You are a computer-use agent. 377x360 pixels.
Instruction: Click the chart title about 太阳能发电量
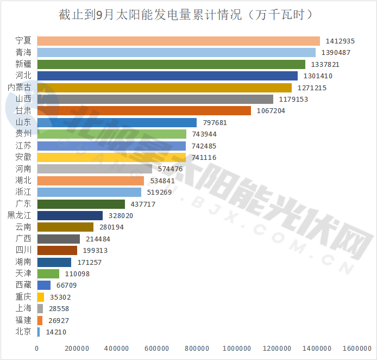tap(186, 14)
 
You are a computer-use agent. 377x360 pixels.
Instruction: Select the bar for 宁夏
tap(178, 41)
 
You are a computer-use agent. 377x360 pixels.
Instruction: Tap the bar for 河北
tap(167, 76)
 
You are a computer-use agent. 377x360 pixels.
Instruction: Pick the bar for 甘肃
tap(144, 111)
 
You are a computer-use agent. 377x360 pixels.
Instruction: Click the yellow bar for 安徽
tap(111, 157)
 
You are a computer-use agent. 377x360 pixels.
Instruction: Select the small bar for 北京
tap(38, 332)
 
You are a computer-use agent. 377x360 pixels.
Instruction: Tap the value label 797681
tap(213, 122)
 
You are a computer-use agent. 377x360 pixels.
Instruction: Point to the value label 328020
tap(120, 215)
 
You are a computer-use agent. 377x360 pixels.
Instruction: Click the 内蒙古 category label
tap(20, 88)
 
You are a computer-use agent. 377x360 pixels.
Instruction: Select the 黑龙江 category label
tap(20, 215)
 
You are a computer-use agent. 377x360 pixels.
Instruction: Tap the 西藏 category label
tap(23, 285)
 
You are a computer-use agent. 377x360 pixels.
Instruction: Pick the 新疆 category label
tap(23, 64)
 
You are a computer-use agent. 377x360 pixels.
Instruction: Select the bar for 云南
tap(65, 227)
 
